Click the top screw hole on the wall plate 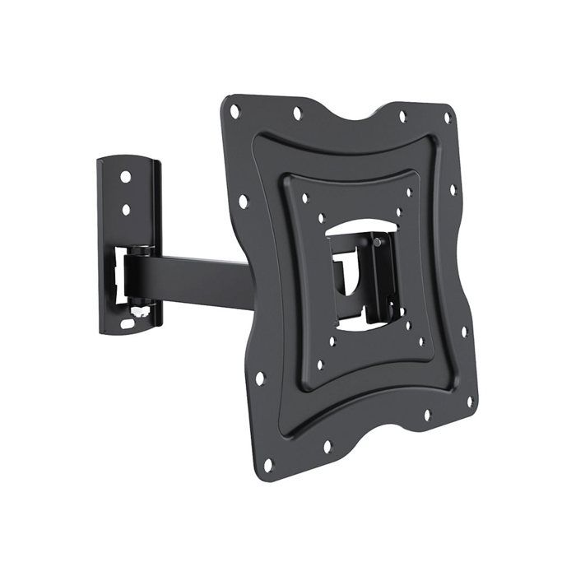coord(125,176)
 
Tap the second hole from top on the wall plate coord(126,209)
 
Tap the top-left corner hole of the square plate coord(235,109)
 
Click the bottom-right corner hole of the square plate coord(470,402)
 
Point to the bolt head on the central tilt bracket coord(375,244)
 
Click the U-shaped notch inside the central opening coord(346,272)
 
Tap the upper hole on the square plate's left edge coord(244,198)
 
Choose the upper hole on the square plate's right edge coord(453,189)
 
